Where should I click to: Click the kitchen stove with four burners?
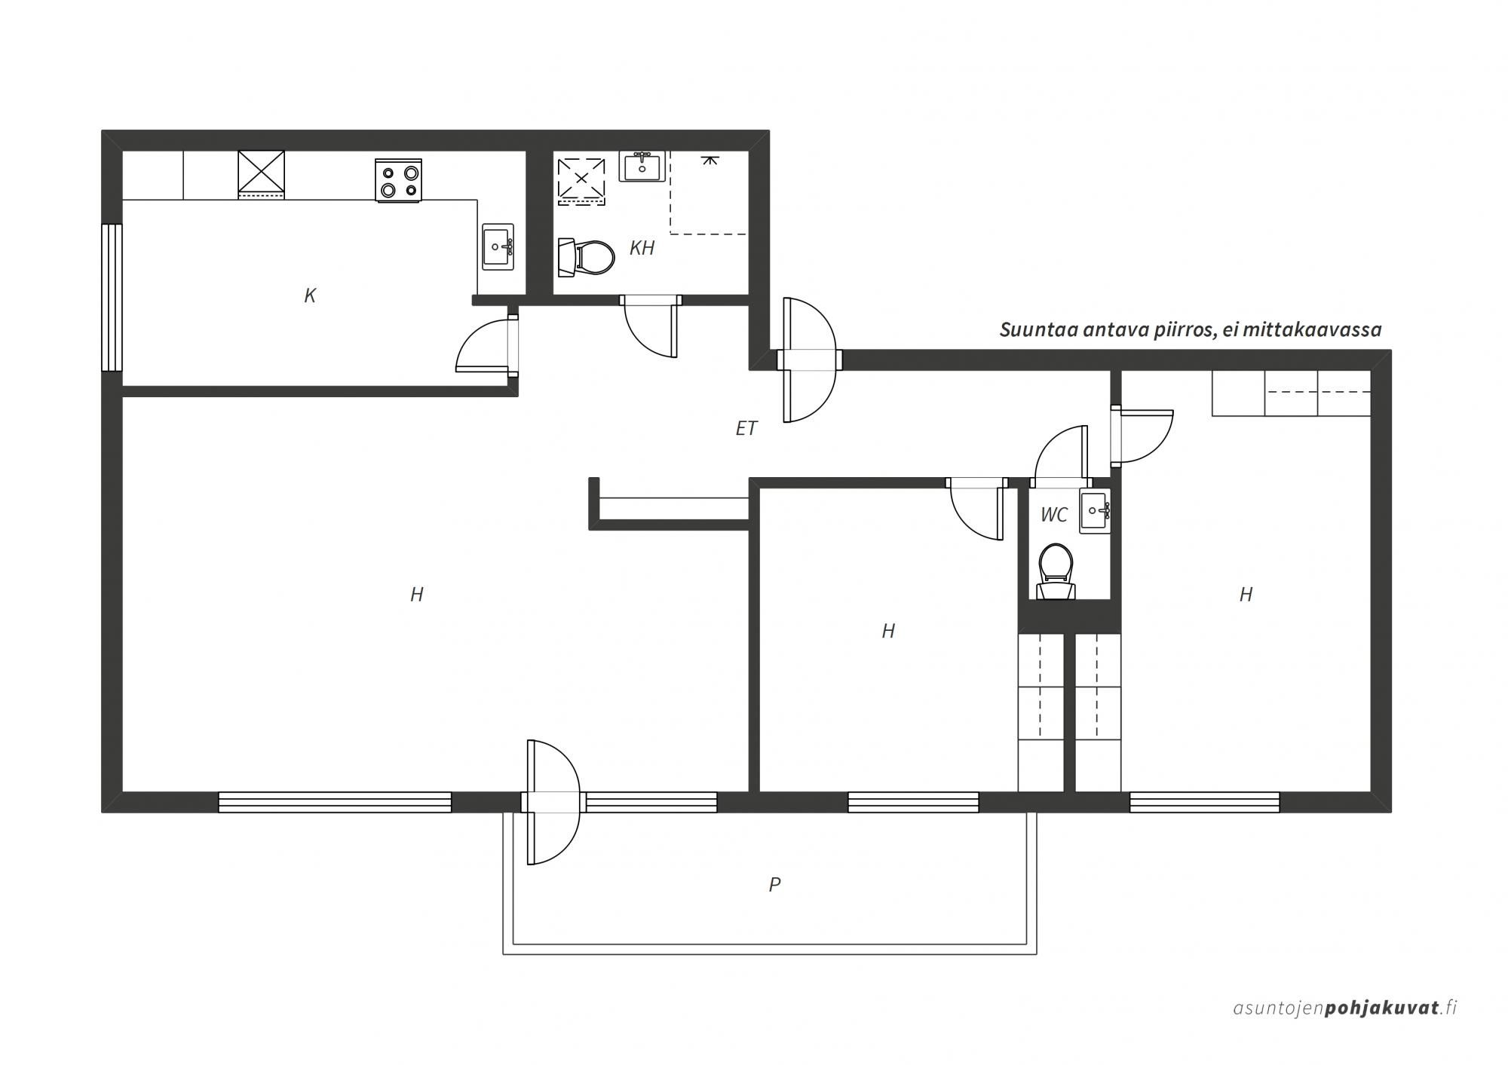(398, 181)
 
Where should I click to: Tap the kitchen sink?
(498, 246)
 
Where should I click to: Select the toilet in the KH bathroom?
(586, 257)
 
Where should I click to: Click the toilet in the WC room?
(1056, 573)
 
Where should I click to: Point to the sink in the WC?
(1095, 512)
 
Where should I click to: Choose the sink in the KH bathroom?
(642, 167)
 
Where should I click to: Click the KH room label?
(642, 248)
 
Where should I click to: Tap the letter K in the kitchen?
(309, 295)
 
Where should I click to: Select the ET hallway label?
(746, 428)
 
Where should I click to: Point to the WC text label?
(1053, 514)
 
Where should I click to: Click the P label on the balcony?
(774, 884)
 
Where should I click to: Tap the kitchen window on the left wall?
(112, 298)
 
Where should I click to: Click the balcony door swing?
(553, 802)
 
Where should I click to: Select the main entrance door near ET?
(810, 360)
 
